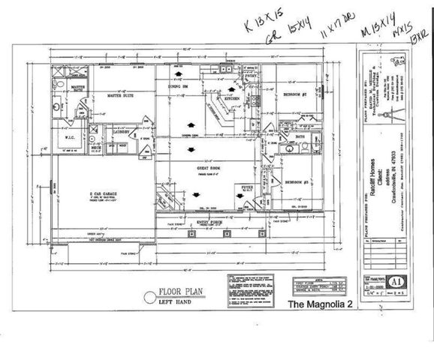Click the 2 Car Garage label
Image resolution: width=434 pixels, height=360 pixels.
pos(101,193)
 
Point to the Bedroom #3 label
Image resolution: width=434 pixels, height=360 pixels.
pos(297,182)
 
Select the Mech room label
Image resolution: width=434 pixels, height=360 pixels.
pos(96,148)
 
